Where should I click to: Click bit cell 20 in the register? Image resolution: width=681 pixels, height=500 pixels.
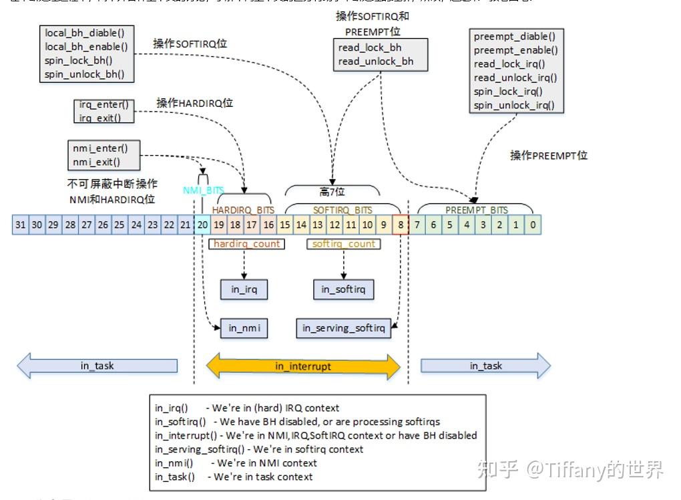point(202,225)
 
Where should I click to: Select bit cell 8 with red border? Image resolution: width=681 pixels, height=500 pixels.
point(401,225)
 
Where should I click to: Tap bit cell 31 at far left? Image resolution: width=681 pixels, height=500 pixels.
point(21,225)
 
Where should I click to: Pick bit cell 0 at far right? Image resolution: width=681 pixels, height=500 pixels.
point(533,225)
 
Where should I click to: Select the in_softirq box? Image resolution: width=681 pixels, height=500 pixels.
point(343,289)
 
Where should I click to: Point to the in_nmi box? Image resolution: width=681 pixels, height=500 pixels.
point(244,328)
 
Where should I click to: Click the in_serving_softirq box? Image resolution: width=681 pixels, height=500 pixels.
point(343,328)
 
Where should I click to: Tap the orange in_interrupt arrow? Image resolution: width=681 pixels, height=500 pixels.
point(303,366)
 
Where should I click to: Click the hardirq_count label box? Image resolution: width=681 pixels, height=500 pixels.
point(246,244)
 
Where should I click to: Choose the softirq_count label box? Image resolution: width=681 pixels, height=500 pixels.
point(344,244)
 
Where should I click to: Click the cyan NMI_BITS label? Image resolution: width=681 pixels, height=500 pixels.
point(204,191)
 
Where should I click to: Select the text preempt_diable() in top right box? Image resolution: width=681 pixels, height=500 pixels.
point(514,36)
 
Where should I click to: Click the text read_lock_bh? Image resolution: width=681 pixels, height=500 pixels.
point(370,47)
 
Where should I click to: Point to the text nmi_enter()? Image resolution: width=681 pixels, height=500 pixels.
point(100,148)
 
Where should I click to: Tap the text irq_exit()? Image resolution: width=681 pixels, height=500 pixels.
point(100,118)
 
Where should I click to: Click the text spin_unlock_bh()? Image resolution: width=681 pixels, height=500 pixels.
point(85,74)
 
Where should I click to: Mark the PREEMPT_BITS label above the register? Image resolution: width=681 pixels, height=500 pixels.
point(476,210)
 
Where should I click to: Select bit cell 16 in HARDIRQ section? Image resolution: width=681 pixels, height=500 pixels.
point(268,225)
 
